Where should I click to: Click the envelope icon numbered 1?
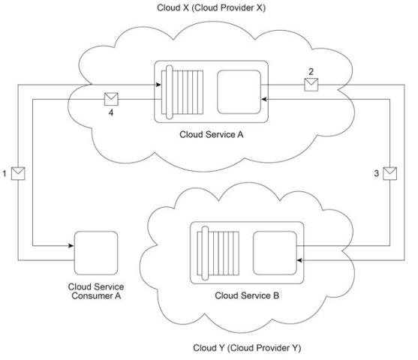click(18, 173)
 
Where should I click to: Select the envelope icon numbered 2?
click(311, 85)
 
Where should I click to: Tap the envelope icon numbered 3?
click(389, 173)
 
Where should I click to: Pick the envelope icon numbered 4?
click(111, 99)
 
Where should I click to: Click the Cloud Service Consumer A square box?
click(96, 253)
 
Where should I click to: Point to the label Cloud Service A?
click(212, 134)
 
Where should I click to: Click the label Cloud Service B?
click(247, 295)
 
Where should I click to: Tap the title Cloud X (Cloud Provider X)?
click(211, 8)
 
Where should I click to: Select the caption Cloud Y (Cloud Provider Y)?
click(247, 348)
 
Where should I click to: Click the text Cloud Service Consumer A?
click(96, 291)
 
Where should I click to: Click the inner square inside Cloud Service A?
click(239, 92)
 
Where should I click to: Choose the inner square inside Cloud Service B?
click(275, 253)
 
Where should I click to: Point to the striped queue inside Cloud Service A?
click(182, 92)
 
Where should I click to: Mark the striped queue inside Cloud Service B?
click(218, 253)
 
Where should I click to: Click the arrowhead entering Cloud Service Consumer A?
click(71, 246)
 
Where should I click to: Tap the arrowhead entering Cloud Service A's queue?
click(158, 85)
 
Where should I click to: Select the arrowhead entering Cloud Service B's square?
click(299, 260)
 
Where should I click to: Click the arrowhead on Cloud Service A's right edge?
click(264, 100)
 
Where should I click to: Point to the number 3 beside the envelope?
click(377, 173)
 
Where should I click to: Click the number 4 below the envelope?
click(111, 113)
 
